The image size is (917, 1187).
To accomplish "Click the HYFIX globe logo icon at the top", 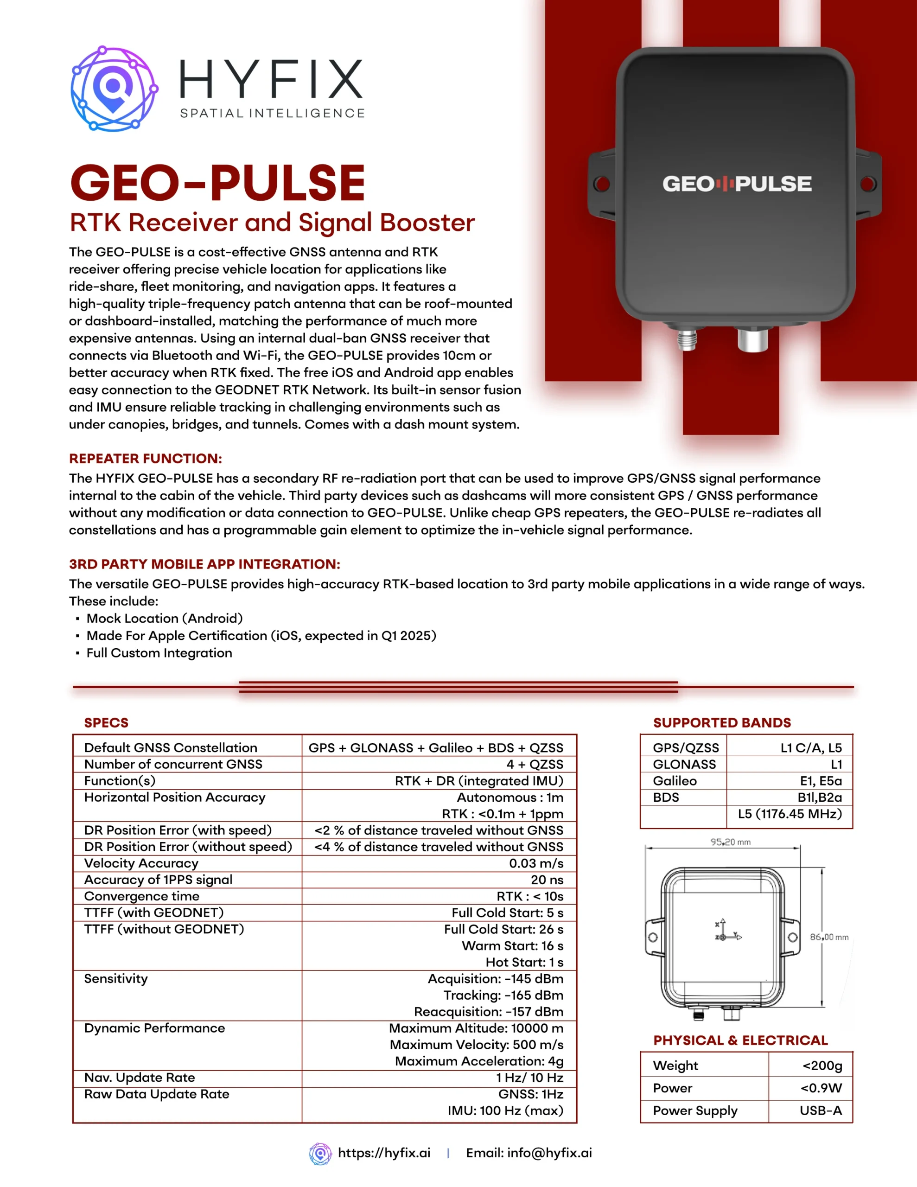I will pos(114,89).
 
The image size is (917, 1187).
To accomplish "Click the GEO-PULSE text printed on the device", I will pos(737,184).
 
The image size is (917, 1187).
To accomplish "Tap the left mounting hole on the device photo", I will pos(602,184).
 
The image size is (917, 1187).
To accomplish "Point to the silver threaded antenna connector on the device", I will pos(687,340).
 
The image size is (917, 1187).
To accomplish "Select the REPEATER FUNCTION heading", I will pos(145,458).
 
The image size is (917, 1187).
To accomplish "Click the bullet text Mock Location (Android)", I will pos(164,618).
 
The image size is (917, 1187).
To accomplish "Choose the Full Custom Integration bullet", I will pos(159,653).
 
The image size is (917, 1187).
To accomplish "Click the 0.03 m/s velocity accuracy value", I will pos(536,863).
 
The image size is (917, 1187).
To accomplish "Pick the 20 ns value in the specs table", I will pos(547,880).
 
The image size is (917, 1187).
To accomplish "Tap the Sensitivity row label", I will pos(116,978).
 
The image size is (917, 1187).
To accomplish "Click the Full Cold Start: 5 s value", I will pos(507,913).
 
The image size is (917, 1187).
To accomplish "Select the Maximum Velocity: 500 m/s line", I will pos(476,1045).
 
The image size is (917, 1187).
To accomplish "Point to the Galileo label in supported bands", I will pos(675,781).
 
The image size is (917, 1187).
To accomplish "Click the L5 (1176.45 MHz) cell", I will pos(789,814).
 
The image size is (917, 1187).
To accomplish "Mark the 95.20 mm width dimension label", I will pos(730,842).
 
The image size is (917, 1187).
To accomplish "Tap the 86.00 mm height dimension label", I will pos(829,937).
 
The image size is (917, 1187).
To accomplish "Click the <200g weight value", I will pos(822,1065).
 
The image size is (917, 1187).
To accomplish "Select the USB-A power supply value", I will pos(820,1110).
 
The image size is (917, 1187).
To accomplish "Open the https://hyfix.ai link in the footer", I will pos(384,1153).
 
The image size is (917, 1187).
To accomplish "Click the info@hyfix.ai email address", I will pos(549,1153).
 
